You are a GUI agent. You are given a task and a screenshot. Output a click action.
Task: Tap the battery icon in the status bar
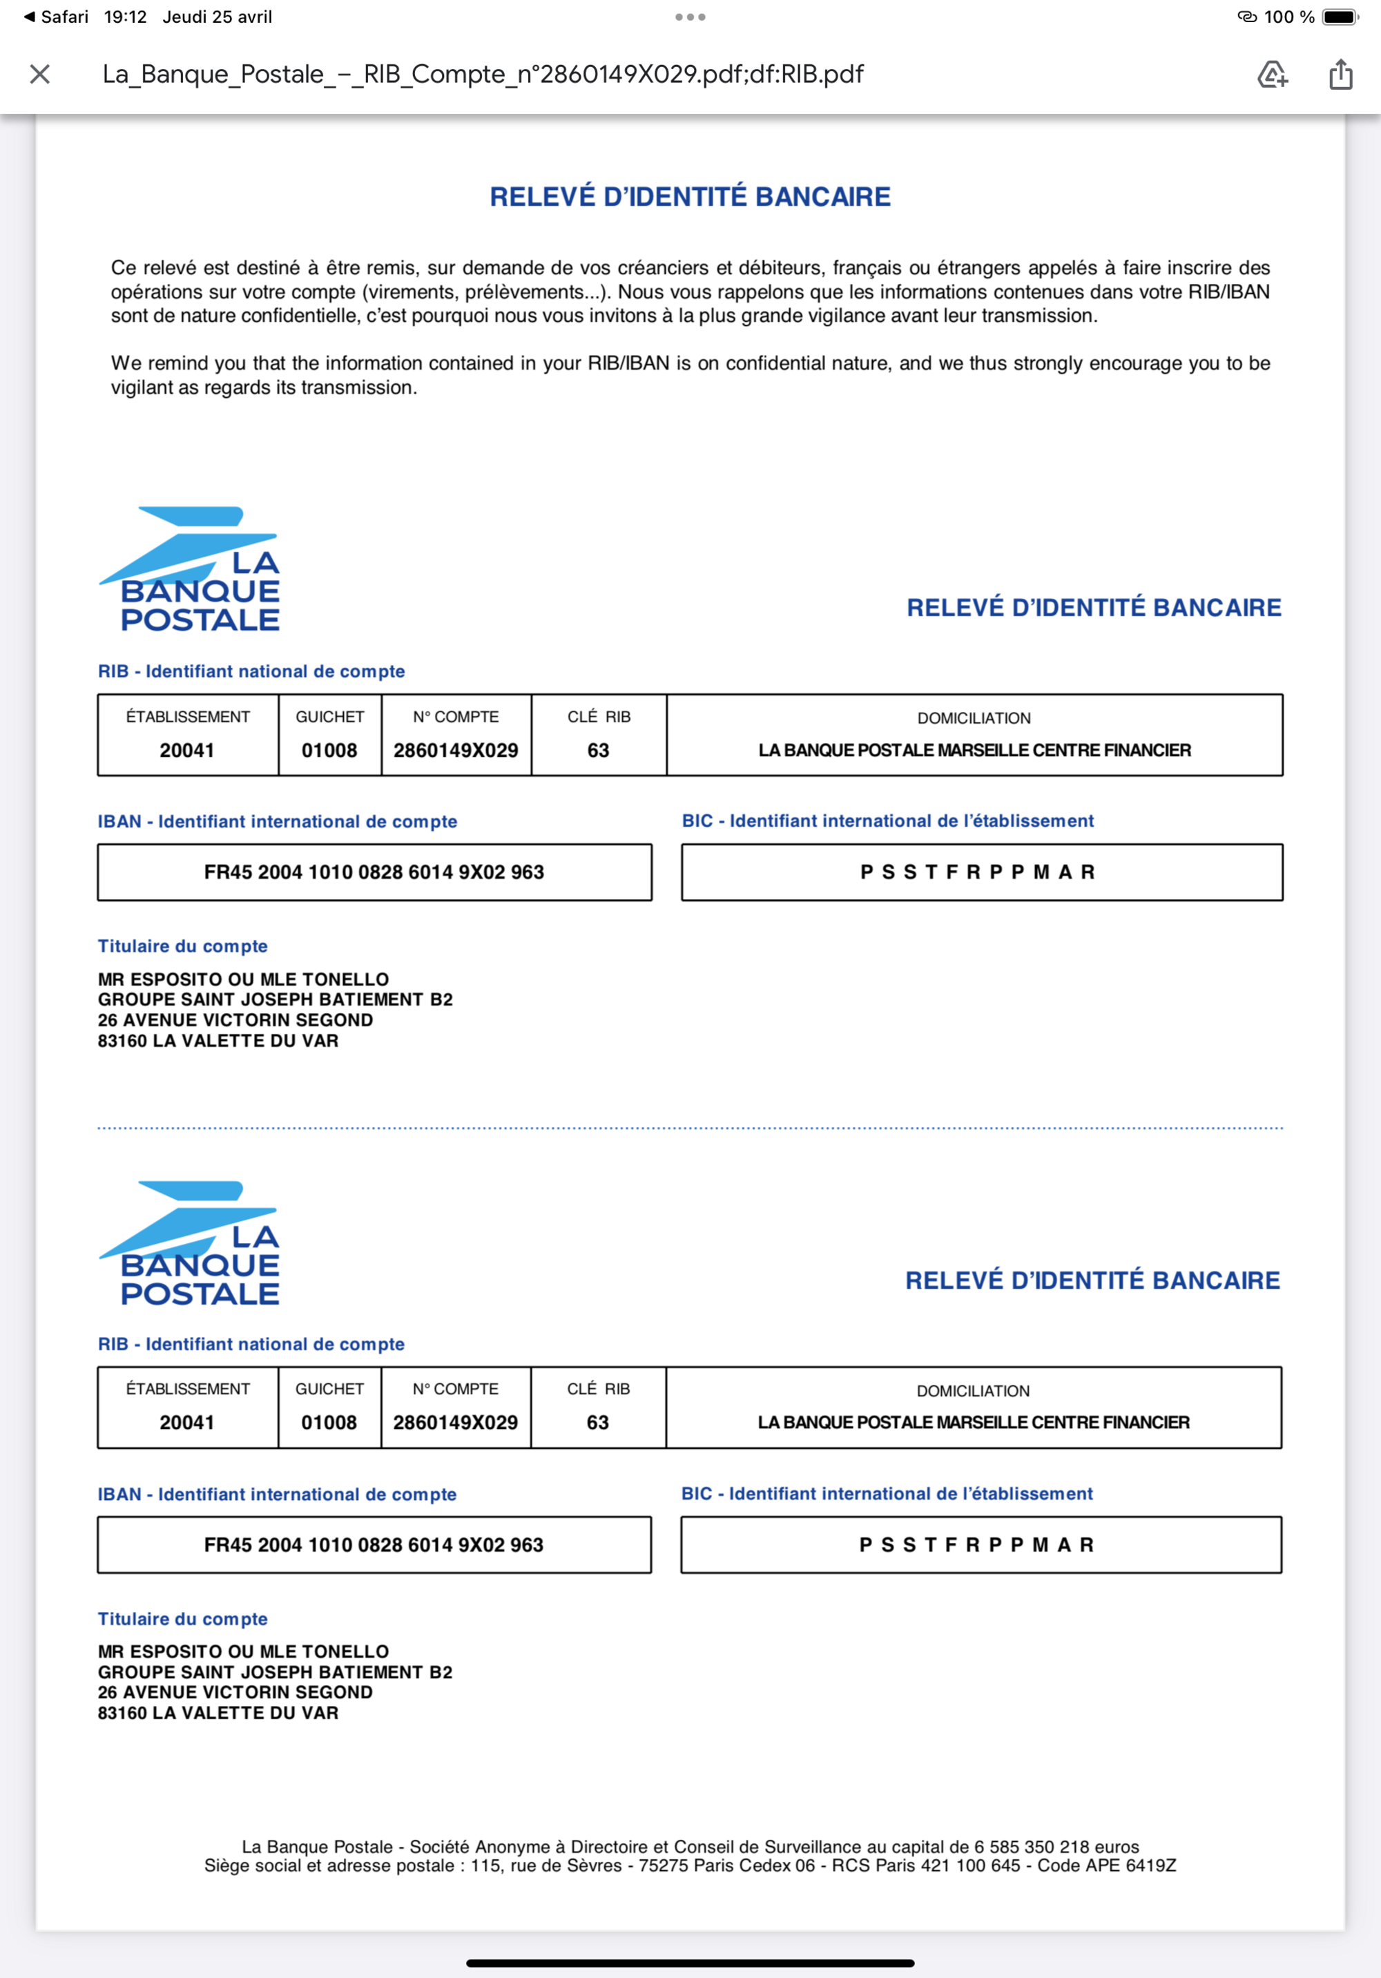click(1340, 17)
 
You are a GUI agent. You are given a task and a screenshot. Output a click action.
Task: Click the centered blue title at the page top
click(690, 196)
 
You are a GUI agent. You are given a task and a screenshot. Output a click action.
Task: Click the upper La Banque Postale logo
click(191, 570)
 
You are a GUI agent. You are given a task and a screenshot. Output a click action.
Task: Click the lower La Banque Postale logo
click(191, 1243)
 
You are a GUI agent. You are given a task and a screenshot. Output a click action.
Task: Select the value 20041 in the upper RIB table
click(187, 750)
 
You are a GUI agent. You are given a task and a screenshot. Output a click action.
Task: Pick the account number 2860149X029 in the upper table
click(456, 750)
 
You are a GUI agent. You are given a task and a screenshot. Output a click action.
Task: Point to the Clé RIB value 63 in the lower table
click(598, 1422)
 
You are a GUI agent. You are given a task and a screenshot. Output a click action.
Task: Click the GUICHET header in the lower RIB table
click(329, 1389)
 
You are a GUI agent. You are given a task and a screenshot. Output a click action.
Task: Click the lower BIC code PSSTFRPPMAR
click(977, 1545)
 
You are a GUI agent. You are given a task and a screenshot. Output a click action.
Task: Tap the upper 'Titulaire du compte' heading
click(183, 946)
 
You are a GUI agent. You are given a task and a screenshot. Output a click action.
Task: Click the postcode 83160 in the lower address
click(122, 1713)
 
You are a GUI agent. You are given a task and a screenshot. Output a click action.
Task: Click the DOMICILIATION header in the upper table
click(974, 718)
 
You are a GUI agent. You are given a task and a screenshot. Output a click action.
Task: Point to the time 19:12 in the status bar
click(126, 17)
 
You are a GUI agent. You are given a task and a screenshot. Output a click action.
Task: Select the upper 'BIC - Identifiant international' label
click(887, 821)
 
